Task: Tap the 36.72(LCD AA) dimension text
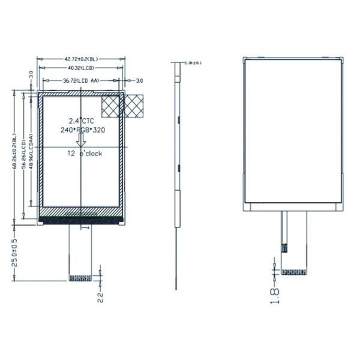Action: [81, 80]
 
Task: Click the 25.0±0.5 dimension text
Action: [14, 252]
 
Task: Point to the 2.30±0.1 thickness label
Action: [194, 62]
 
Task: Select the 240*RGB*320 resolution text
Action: [81, 130]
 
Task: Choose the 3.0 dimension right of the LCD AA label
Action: [138, 80]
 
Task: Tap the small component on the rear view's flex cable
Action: [283, 245]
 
